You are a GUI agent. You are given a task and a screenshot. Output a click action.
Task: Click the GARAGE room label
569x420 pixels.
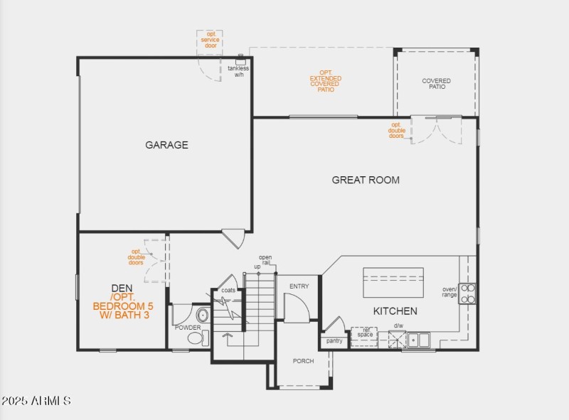click(x=166, y=145)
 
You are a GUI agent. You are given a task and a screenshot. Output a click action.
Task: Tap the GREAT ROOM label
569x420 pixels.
click(x=366, y=180)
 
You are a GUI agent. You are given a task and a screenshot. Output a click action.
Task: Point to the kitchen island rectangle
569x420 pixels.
click(x=393, y=283)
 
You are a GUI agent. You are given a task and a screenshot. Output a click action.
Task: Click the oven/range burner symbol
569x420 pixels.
click(x=467, y=294)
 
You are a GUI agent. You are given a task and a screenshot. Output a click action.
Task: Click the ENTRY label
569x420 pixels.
click(x=299, y=286)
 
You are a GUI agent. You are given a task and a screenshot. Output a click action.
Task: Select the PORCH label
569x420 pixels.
click(x=303, y=361)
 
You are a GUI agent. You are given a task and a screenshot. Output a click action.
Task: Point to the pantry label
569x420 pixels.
click(x=334, y=341)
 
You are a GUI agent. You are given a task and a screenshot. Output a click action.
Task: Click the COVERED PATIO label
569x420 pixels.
click(x=436, y=84)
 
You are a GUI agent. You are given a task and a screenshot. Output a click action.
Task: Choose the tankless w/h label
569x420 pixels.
click(x=238, y=71)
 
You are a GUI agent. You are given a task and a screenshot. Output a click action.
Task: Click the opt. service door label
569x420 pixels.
click(x=210, y=40)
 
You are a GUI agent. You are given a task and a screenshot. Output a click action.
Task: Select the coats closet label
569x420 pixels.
click(x=228, y=290)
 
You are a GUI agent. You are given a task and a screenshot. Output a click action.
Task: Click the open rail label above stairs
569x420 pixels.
click(x=265, y=260)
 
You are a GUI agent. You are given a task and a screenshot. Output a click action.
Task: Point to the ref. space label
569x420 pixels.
click(x=365, y=333)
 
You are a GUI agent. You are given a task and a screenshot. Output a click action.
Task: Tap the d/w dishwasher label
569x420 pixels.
click(x=398, y=326)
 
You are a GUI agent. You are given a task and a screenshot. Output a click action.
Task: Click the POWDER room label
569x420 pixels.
click(x=188, y=328)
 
